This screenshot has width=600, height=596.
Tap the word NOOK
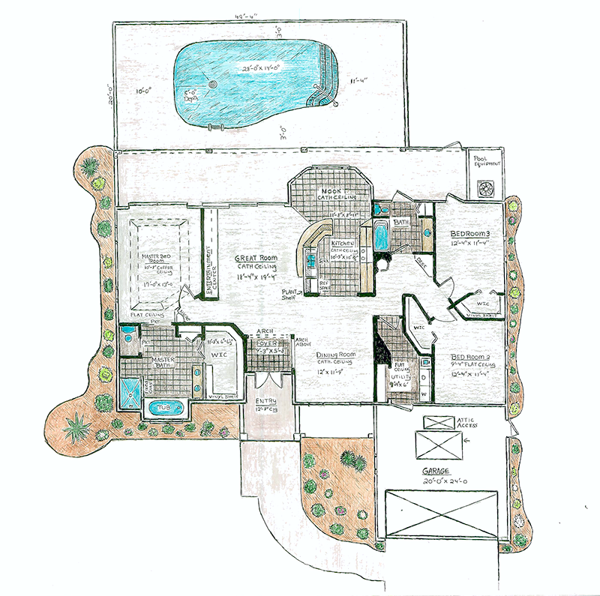331,192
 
